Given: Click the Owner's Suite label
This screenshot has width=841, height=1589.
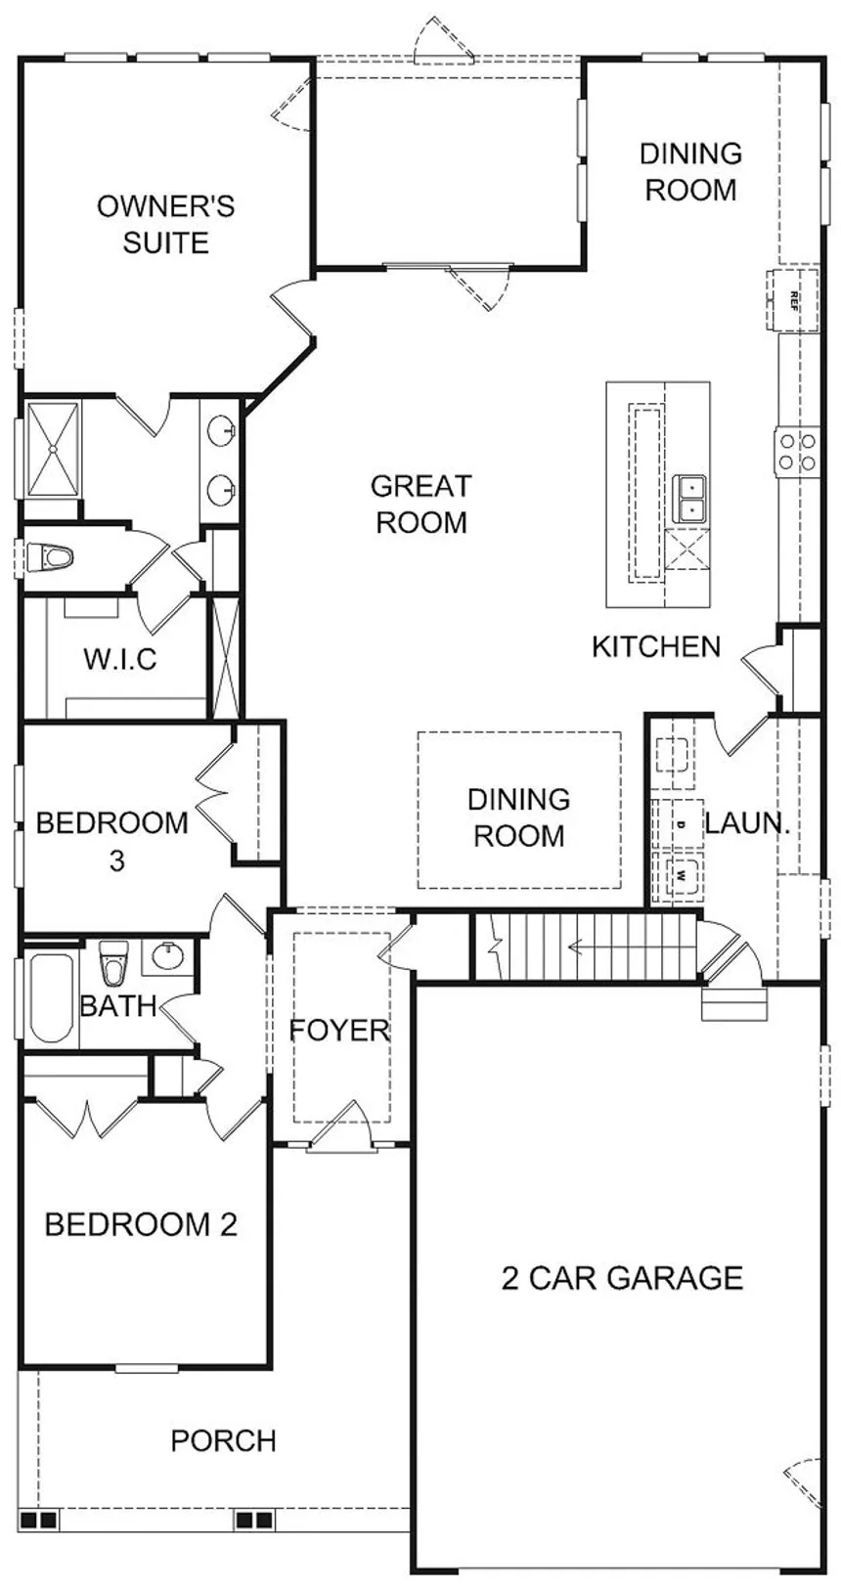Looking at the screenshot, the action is [x=165, y=225].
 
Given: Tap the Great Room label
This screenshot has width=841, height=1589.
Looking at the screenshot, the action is [x=420, y=505].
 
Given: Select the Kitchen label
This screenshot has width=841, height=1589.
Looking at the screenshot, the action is [x=656, y=646].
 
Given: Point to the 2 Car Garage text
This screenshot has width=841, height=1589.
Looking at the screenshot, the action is [x=622, y=1278].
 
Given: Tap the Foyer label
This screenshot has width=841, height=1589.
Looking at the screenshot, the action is [x=339, y=1030].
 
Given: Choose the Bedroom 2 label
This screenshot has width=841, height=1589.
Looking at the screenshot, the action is [x=141, y=1224].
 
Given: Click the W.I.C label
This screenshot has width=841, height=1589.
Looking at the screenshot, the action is [x=120, y=659].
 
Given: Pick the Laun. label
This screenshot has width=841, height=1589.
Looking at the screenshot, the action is [x=747, y=823].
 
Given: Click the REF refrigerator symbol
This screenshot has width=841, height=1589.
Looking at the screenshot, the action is [x=792, y=301].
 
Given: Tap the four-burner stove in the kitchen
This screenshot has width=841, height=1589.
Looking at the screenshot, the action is [x=797, y=452].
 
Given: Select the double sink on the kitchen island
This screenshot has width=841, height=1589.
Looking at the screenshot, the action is [x=688, y=500].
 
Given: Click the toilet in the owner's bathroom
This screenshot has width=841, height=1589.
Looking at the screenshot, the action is [x=50, y=556].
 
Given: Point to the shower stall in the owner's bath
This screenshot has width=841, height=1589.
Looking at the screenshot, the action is [x=53, y=450].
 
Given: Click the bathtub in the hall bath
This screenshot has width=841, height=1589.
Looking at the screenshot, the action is [x=51, y=998].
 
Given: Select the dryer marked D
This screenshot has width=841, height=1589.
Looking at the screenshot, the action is [x=680, y=824].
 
